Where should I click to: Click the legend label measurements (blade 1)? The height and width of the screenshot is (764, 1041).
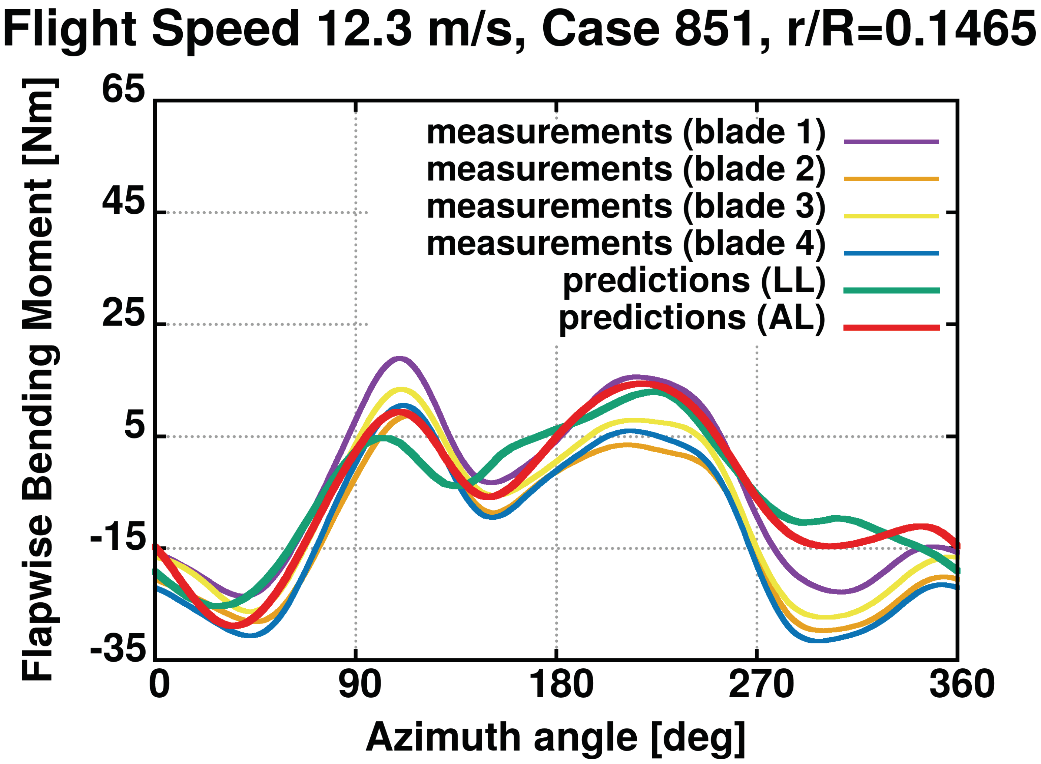point(626,133)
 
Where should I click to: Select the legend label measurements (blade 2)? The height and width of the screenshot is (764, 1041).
point(626,170)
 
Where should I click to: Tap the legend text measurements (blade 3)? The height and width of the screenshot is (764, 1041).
point(626,207)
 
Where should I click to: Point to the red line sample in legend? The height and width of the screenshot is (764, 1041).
point(891,327)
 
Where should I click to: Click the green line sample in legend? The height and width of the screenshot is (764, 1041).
point(891,290)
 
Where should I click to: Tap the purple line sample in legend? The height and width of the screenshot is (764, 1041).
point(891,142)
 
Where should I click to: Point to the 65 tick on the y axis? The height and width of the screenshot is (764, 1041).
point(123,89)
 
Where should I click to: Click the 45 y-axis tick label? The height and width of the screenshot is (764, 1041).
point(123,202)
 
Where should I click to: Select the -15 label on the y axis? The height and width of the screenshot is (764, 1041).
point(117,538)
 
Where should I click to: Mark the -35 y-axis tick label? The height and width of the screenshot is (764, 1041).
point(117,650)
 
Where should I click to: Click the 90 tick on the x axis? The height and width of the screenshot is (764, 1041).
point(359,684)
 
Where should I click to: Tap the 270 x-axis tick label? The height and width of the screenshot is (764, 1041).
point(760,684)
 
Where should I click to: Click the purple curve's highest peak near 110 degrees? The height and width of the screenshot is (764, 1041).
point(400,358)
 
